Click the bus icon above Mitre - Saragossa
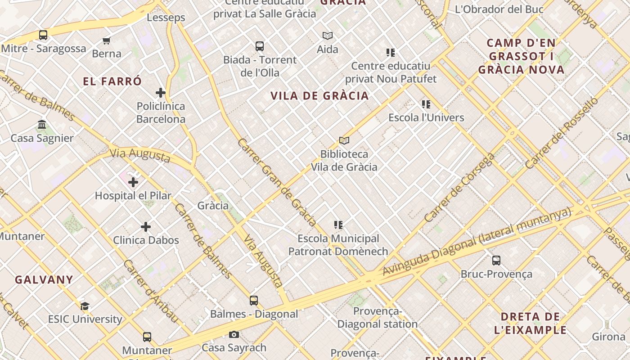[43, 35]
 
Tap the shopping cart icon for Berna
[107, 41]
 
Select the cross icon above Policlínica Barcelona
[161, 93]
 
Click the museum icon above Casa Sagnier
[42, 125]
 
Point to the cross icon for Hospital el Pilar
[133, 182]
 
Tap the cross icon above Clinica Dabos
[146, 227]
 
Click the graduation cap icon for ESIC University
[85, 306]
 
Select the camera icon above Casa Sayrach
[234, 334]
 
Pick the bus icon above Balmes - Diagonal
[254, 301]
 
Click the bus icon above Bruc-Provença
[496, 261]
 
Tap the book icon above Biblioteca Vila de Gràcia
[344, 141]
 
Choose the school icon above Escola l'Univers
[426, 104]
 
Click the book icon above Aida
[328, 36]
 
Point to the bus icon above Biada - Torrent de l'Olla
[260, 46]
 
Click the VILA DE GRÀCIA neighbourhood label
[319, 95]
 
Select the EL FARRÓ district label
[112, 81]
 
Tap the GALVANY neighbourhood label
[44, 279]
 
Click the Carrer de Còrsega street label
[459, 188]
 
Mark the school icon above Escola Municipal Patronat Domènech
[338, 225]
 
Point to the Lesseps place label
[166, 18]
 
